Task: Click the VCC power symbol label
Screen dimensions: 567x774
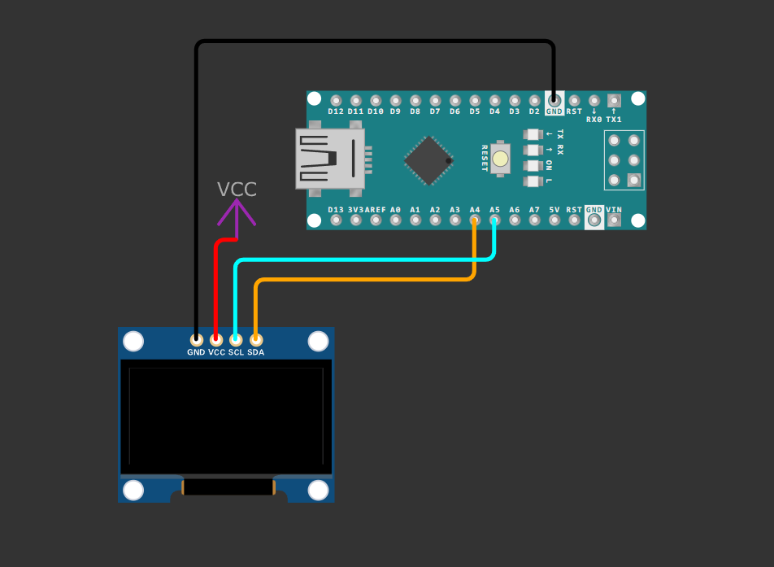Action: (x=237, y=190)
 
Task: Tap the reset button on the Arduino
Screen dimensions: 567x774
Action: (x=500, y=159)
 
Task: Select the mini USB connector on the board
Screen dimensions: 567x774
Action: (x=329, y=159)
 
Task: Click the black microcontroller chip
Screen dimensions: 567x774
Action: (x=428, y=160)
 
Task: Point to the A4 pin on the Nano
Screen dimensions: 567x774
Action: (x=475, y=220)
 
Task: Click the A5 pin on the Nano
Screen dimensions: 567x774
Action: (x=494, y=220)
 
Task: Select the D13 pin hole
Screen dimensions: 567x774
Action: (x=336, y=220)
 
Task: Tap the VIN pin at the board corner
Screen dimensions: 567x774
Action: (x=614, y=220)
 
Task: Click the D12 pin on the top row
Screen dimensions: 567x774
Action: (x=336, y=101)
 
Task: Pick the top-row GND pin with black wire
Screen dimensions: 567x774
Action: (x=554, y=101)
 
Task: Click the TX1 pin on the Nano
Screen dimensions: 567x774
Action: (x=614, y=101)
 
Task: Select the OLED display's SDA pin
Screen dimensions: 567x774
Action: (x=255, y=339)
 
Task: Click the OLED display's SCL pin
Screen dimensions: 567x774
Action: (x=236, y=339)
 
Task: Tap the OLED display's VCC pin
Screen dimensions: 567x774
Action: (x=216, y=339)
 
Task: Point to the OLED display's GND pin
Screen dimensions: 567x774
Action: (x=196, y=339)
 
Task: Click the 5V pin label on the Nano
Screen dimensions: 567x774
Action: (x=554, y=209)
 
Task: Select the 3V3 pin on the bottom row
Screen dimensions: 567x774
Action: (x=356, y=220)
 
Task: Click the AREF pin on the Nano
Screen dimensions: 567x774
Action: (x=376, y=220)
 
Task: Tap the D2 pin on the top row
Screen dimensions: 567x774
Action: (x=534, y=101)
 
